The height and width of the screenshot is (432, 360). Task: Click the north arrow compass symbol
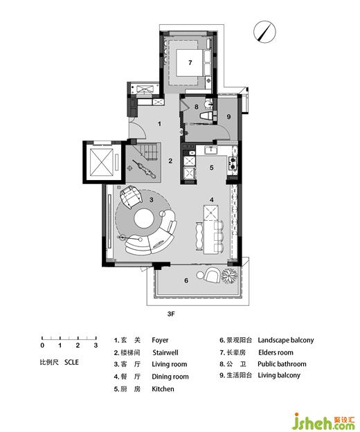(264, 32)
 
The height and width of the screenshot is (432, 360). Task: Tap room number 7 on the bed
(190, 63)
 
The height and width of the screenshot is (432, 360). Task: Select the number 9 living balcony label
(228, 117)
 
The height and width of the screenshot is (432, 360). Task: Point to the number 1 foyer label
(159, 124)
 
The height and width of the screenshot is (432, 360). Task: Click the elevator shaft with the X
(102, 162)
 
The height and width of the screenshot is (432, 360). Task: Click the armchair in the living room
(131, 196)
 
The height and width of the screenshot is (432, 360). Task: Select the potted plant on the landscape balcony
(229, 276)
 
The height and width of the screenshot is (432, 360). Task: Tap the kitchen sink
(211, 150)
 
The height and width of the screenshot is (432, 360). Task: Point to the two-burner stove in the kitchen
(232, 163)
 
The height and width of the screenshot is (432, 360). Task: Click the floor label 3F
(171, 314)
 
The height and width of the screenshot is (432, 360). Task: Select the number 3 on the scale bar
(96, 345)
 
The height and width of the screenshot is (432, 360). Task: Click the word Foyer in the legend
(160, 340)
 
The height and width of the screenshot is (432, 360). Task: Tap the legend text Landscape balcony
(286, 340)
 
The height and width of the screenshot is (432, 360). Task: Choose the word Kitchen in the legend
(163, 389)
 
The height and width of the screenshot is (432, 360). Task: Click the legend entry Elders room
(276, 352)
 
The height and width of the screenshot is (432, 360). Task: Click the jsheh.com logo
(324, 422)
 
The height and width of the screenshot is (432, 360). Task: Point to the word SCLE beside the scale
(71, 362)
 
